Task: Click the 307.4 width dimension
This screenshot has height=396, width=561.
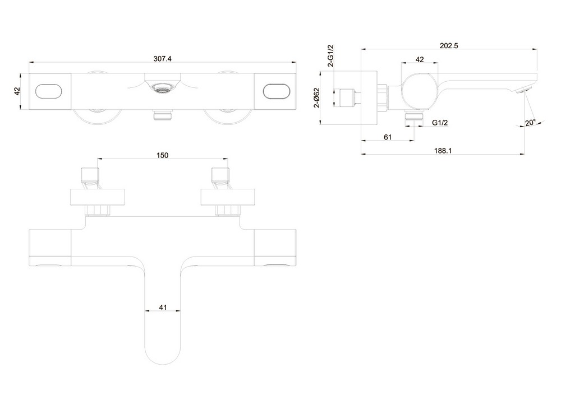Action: (x=163, y=59)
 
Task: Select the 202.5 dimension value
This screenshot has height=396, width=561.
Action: (x=449, y=46)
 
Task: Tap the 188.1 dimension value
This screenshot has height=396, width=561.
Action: (x=443, y=151)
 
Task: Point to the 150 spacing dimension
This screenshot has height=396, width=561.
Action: (x=163, y=155)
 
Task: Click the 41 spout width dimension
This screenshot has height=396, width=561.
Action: (x=163, y=307)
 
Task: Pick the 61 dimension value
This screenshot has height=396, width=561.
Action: (x=388, y=137)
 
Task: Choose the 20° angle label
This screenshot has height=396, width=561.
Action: (x=531, y=123)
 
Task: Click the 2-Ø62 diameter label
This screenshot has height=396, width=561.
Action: (x=316, y=97)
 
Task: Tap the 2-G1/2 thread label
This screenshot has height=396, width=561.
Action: (x=330, y=55)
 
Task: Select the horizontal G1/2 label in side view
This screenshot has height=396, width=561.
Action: (x=440, y=123)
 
